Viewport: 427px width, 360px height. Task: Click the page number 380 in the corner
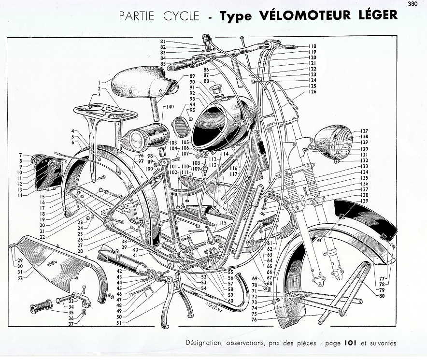[x=413, y=4]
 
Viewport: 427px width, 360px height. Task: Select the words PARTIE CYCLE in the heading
[x=159, y=16]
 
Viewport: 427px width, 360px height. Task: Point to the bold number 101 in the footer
[x=351, y=343]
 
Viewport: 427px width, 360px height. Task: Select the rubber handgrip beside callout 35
[x=41, y=306]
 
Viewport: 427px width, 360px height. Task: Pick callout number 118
[x=313, y=46]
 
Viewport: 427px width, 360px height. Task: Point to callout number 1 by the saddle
[x=100, y=82]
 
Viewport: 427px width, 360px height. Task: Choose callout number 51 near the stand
[x=119, y=323]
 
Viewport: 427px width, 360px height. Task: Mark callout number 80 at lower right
[x=382, y=295]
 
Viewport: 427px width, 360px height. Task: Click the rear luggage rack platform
[x=105, y=112]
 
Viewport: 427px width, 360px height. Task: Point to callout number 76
[x=254, y=319]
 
